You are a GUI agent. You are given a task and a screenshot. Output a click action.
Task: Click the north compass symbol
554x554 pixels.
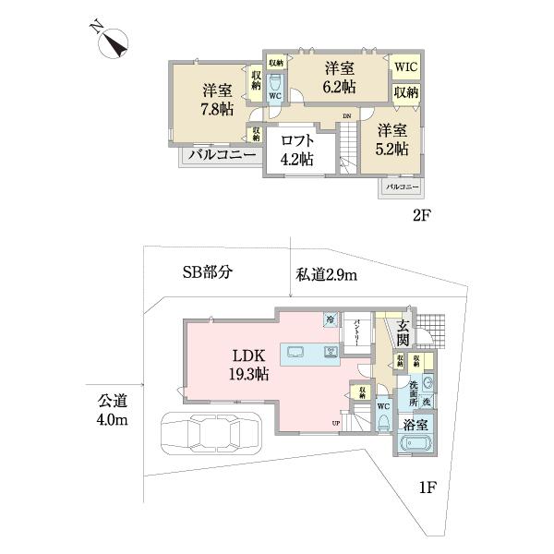click(112, 42)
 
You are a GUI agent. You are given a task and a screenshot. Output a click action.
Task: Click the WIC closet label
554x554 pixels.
click(405, 66)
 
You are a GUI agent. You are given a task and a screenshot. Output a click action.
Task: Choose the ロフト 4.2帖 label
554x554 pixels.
click(297, 150)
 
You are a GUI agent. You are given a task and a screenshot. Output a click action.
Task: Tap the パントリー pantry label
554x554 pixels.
click(358, 330)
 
